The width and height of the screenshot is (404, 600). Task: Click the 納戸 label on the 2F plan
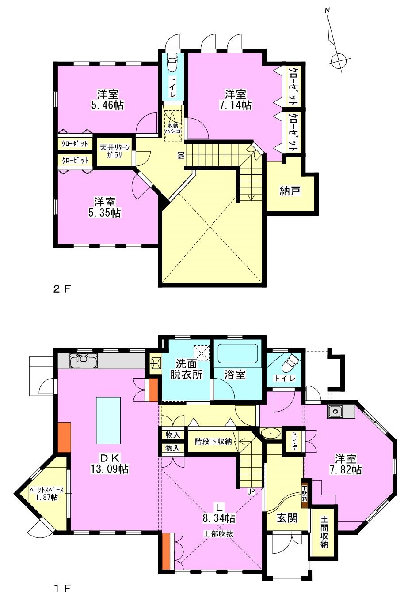pyautogui.click(x=290, y=191)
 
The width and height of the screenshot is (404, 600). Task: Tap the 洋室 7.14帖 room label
pyautogui.click(x=235, y=100)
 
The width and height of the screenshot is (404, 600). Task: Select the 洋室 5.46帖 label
pyautogui.click(x=107, y=100)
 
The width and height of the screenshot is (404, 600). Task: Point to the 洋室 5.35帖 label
pyautogui.click(x=104, y=207)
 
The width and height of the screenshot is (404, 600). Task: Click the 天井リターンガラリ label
pyautogui.click(x=114, y=151)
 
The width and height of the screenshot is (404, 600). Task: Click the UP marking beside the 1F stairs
pyautogui.click(x=251, y=491)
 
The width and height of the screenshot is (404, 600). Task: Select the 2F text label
pyautogui.click(x=62, y=289)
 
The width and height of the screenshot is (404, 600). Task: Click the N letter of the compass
pyautogui.click(x=327, y=11)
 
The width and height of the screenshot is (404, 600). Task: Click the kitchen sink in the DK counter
pyautogui.click(x=84, y=361)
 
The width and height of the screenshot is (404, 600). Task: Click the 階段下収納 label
pyautogui.click(x=213, y=441)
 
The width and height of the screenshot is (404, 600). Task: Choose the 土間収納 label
pyautogui.click(x=324, y=528)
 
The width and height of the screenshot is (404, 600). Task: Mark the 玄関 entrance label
pyautogui.click(x=287, y=518)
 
